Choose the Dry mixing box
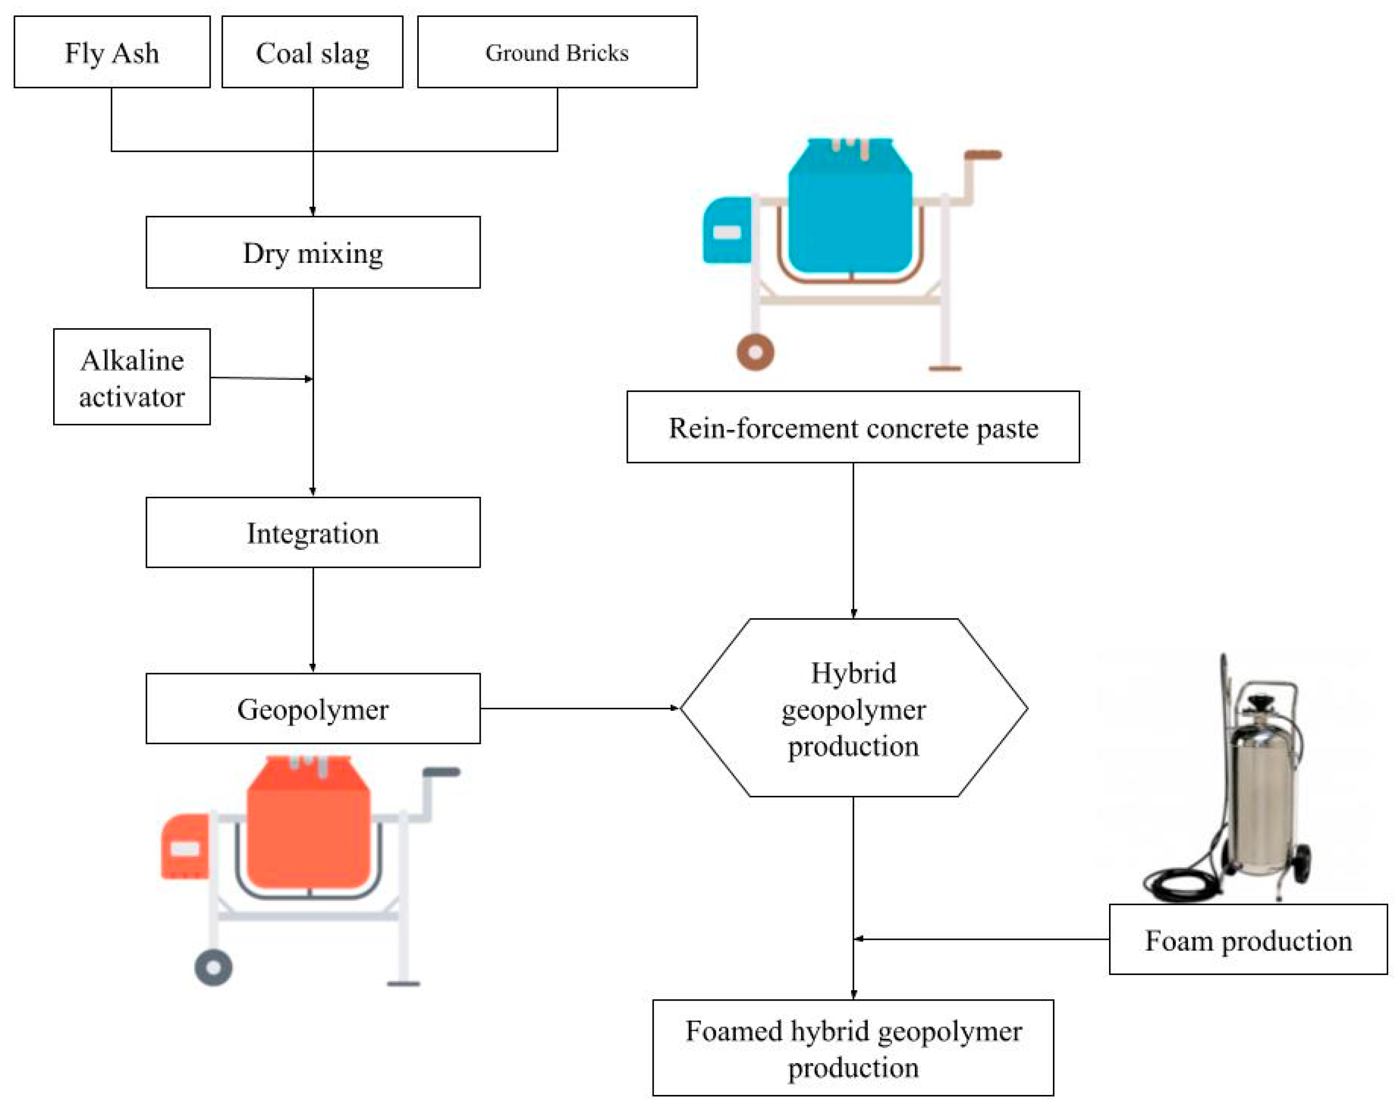click(x=313, y=253)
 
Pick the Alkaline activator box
click(x=131, y=377)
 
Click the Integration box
click(x=313, y=533)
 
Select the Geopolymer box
click(x=313, y=709)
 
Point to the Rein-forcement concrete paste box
click(x=853, y=427)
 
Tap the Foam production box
click(x=1248, y=940)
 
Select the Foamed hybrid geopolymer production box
click(x=853, y=1048)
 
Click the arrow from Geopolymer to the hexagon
click(x=579, y=708)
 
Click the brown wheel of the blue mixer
click(x=755, y=352)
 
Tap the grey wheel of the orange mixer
click(x=214, y=968)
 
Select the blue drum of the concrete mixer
click(x=850, y=214)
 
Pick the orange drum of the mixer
click(x=309, y=829)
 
